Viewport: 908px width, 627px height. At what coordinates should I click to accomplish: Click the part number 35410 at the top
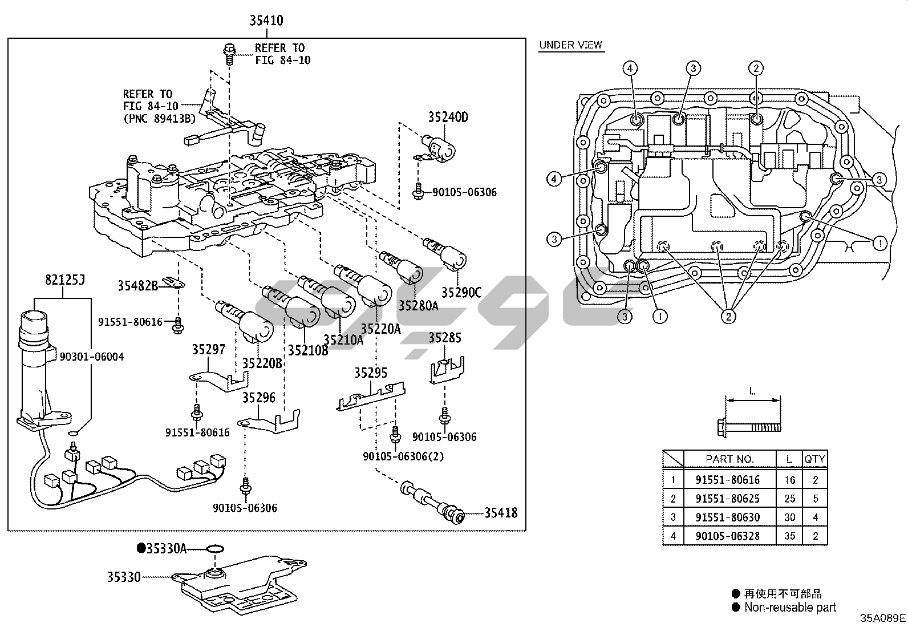pyautogui.click(x=266, y=21)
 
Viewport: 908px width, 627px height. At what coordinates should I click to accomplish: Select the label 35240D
pyautogui.click(x=448, y=118)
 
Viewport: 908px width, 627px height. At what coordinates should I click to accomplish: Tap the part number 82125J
pyautogui.click(x=64, y=280)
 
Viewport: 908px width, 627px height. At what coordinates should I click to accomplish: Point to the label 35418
pyautogui.click(x=501, y=513)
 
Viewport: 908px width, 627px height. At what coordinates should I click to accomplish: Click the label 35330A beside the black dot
pyautogui.click(x=166, y=548)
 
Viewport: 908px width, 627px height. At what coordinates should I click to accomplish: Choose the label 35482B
pyautogui.click(x=137, y=286)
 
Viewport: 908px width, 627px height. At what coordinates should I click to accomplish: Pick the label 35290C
pyautogui.click(x=461, y=293)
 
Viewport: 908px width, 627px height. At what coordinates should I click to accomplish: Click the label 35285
pyautogui.click(x=445, y=338)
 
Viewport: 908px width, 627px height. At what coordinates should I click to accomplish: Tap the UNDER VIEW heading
pyautogui.click(x=571, y=45)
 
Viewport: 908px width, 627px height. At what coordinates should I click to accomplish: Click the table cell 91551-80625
pyautogui.click(x=728, y=499)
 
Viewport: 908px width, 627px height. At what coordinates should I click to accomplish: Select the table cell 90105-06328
pyautogui.click(x=728, y=536)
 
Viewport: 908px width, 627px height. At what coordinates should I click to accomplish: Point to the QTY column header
pyautogui.click(x=815, y=459)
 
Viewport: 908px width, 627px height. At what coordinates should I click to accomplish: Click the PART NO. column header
pyautogui.click(x=729, y=459)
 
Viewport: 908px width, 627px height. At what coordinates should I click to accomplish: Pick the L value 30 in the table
pyautogui.click(x=789, y=517)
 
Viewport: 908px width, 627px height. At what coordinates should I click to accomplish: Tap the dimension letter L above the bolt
pyautogui.click(x=752, y=391)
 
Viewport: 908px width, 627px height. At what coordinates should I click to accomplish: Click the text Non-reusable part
pyautogui.click(x=790, y=608)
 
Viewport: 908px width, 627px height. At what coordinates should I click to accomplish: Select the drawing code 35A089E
pyautogui.click(x=883, y=618)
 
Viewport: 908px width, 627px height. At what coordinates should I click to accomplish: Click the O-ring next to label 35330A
pyautogui.click(x=214, y=549)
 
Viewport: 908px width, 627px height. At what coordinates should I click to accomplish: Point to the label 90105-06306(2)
pyautogui.click(x=403, y=456)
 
